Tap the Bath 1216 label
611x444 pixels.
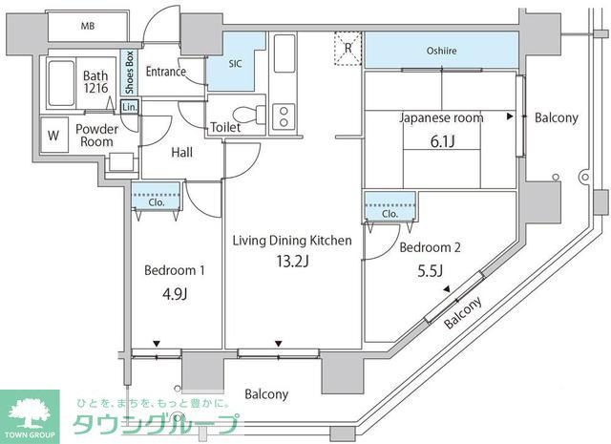click(95, 81)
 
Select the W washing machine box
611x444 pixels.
click(53, 135)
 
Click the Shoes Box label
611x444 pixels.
click(128, 73)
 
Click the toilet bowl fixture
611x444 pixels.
click(249, 112)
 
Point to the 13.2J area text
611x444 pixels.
click(292, 262)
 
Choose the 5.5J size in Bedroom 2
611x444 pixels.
click(430, 270)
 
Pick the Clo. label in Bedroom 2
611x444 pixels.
click(390, 213)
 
